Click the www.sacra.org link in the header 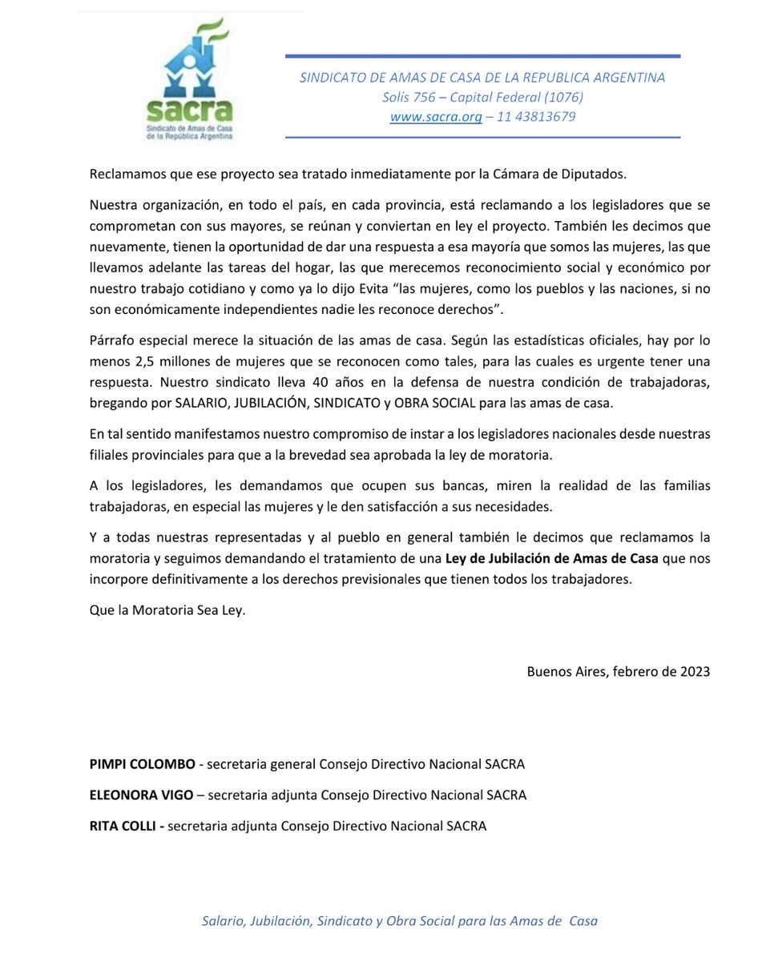coord(436,117)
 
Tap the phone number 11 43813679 coord(536,117)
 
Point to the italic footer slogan coord(399,921)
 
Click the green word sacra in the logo coord(190,110)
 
